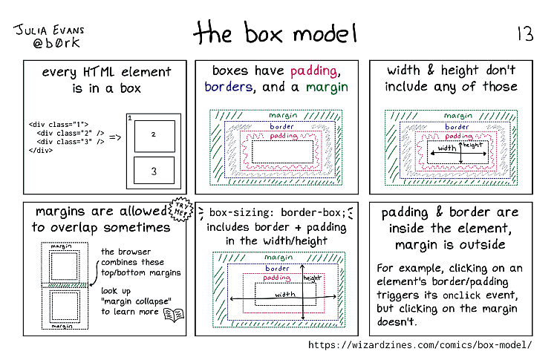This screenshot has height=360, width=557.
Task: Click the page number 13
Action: click(x=525, y=33)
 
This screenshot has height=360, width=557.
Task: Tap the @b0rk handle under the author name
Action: click(x=56, y=43)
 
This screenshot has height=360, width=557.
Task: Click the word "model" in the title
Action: click(x=325, y=34)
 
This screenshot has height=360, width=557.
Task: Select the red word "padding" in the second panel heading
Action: click(x=313, y=71)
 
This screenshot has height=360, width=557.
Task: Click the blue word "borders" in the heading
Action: click(x=229, y=87)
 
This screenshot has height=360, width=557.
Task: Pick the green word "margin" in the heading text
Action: click(x=327, y=88)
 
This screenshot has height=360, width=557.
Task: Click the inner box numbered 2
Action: click(x=154, y=136)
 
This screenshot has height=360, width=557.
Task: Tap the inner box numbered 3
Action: click(x=154, y=171)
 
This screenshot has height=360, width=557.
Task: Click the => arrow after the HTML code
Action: click(x=114, y=137)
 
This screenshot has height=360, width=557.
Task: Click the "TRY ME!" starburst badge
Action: click(x=180, y=209)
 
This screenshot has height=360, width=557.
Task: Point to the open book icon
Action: click(x=174, y=315)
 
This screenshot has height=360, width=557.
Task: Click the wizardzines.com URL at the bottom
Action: click(x=420, y=344)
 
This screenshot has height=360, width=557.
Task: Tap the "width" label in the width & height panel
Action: click(x=447, y=148)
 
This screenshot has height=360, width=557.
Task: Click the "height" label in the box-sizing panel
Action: click(x=312, y=278)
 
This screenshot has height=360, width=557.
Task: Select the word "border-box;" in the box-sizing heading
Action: click(x=313, y=212)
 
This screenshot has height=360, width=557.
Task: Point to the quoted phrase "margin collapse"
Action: click(x=136, y=301)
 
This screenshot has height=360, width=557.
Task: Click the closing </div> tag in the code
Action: click(x=41, y=150)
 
